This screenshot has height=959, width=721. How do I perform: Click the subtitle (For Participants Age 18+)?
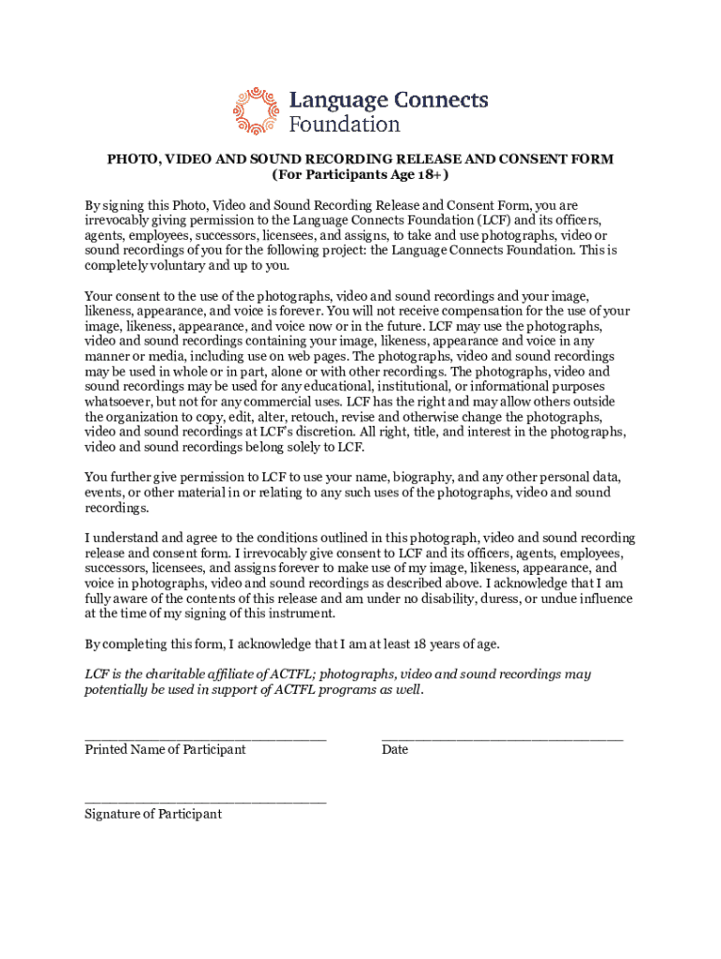coord(360,175)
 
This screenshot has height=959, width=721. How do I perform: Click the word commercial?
coord(276,402)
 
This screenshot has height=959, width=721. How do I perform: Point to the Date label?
coord(394,749)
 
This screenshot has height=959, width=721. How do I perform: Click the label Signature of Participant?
coord(153,814)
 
